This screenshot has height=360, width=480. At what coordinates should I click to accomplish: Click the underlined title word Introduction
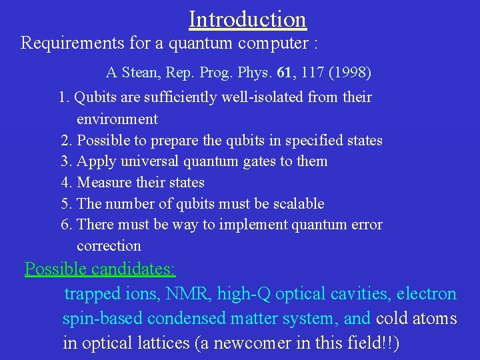click(x=247, y=19)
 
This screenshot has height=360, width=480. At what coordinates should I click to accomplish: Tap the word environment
click(x=117, y=119)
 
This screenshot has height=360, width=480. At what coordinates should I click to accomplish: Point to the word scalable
click(x=297, y=203)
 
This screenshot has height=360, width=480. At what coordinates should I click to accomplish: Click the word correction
click(x=109, y=246)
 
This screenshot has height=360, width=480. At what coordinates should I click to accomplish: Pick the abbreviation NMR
click(x=196, y=294)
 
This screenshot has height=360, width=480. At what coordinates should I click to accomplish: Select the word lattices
click(x=148, y=343)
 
